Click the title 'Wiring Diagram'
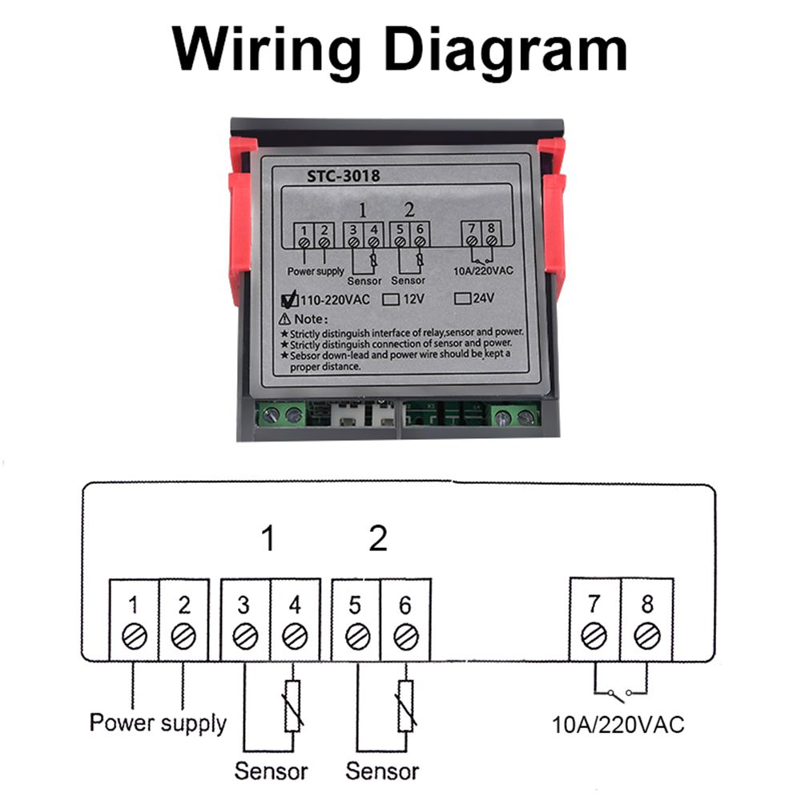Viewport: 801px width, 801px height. (400, 50)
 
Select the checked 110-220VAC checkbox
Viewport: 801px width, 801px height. (290, 301)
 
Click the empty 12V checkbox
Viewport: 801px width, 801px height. (391, 300)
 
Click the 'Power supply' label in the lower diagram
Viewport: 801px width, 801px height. (158, 723)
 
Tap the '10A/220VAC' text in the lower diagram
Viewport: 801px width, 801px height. (619, 725)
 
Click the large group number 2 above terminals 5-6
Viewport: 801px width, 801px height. (378, 539)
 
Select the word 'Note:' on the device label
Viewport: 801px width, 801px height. (306, 319)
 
